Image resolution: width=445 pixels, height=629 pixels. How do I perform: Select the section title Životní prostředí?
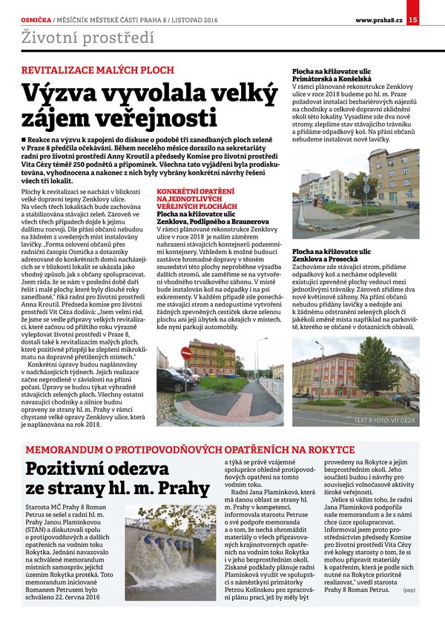pyautogui.click(x=70, y=36)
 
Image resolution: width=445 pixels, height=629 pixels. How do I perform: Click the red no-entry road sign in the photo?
pyautogui.click(x=186, y=353)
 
